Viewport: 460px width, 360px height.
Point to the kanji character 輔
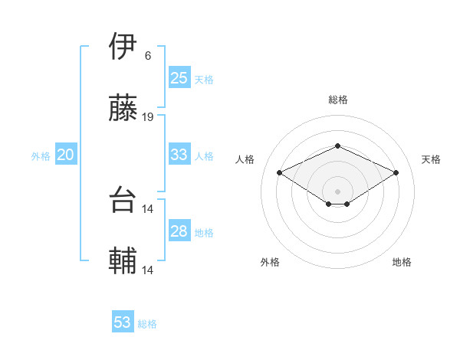click(x=123, y=261)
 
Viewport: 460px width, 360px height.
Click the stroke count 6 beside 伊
click(x=147, y=56)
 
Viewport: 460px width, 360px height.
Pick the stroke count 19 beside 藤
click(x=148, y=117)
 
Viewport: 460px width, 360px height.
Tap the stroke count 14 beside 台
click(x=148, y=208)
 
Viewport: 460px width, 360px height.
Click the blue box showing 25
click(x=179, y=78)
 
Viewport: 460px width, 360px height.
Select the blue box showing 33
click(x=179, y=155)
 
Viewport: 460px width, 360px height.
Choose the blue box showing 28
click(x=179, y=231)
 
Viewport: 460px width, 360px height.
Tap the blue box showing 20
click(x=65, y=155)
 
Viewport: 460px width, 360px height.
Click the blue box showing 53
click(x=123, y=322)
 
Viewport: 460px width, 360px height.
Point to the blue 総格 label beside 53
click(x=147, y=324)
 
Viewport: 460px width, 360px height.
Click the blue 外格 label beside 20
click(x=41, y=156)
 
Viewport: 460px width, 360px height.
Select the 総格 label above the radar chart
click(x=337, y=100)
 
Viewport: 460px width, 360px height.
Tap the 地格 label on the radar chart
click(x=402, y=262)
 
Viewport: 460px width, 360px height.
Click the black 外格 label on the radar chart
click(x=270, y=262)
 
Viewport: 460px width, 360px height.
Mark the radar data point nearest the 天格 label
click(x=396, y=172)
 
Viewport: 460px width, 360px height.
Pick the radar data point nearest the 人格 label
click(x=279, y=172)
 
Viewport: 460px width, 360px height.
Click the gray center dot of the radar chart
click(x=337, y=191)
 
